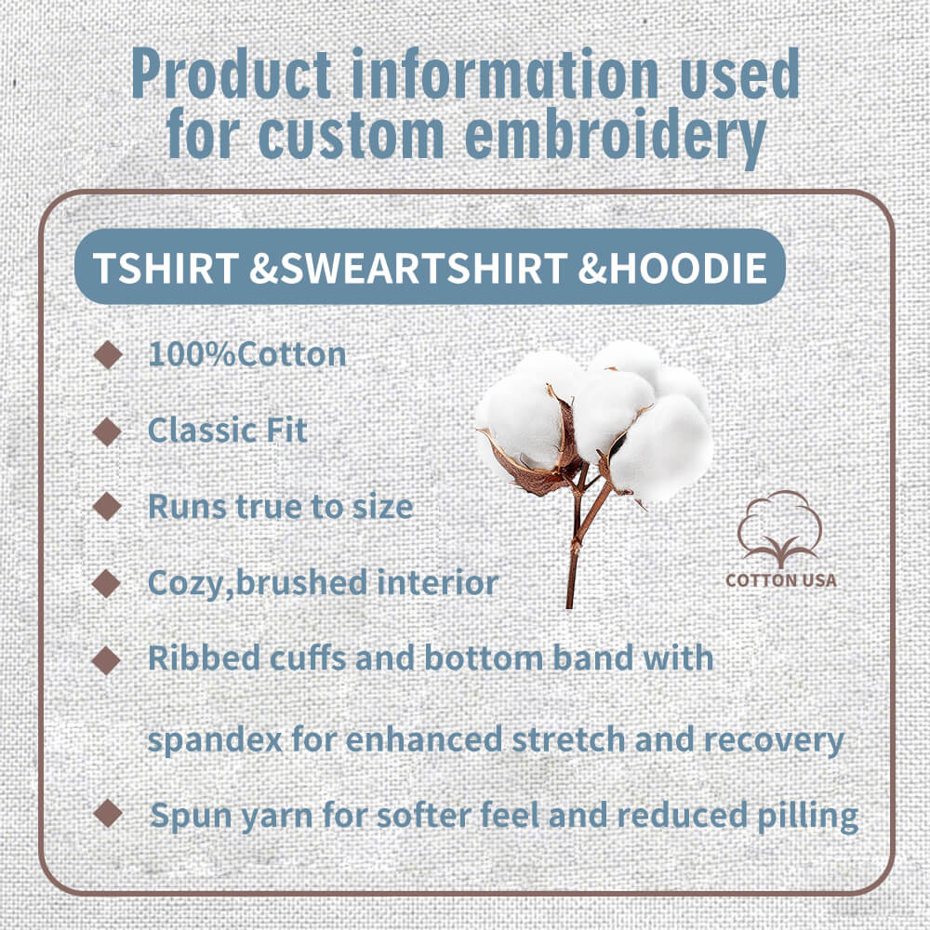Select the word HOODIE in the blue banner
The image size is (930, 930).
[x=687, y=268]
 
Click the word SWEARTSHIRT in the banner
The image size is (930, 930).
[x=424, y=268]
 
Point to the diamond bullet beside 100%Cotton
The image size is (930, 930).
[x=108, y=354]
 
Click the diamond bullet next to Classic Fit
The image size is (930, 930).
[x=107, y=432]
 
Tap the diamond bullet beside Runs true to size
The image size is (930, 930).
[x=107, y=507]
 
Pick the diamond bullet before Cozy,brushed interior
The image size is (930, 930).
[x=107, y=584]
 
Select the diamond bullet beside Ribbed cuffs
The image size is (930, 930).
[x=107, y=660]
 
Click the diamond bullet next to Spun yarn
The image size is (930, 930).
[x=108, y=813]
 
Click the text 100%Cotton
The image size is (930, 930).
[x=246, y=354]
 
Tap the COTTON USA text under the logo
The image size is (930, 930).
[x=781, y=580]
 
